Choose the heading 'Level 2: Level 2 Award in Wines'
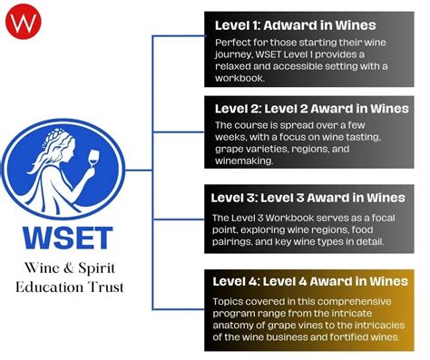click(309, 108)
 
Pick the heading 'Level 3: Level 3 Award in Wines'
click(308, 198)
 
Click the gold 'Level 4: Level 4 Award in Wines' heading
click(309, 279)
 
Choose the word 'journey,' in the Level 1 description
click(239, 54)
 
